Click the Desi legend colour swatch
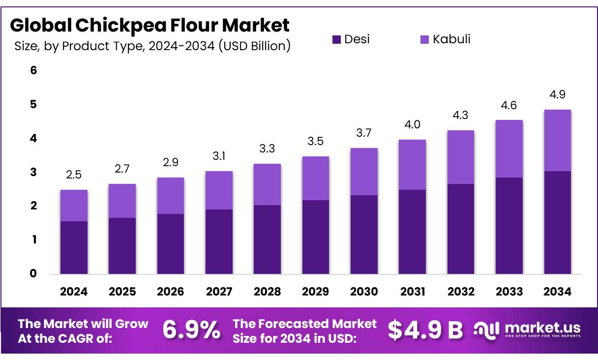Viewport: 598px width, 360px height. coord(336,40)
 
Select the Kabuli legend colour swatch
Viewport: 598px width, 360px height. coord(424,40)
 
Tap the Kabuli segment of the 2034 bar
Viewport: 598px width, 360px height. coord(557,141)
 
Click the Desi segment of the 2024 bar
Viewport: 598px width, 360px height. coord(74,247)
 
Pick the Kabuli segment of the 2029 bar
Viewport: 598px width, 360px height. coord(315,178)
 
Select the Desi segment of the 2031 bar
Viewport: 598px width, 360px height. coord(412,232)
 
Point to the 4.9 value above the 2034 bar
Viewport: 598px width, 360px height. coord(557,94)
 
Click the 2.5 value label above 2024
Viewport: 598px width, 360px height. coord(74,175)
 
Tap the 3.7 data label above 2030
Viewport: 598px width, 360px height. coord(364,133)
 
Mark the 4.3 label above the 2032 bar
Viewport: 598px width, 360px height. coord(461,115)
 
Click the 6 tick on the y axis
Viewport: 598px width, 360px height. coord(33,70)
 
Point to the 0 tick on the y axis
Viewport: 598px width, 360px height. coord(33,273)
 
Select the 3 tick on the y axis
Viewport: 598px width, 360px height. coord(33,172)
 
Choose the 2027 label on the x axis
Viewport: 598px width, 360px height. coord(219,292)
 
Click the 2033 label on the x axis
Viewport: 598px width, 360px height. coord(509,292)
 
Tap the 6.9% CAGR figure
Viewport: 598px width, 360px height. coord(191,330)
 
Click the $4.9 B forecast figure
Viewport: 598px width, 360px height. coord(425,330)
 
